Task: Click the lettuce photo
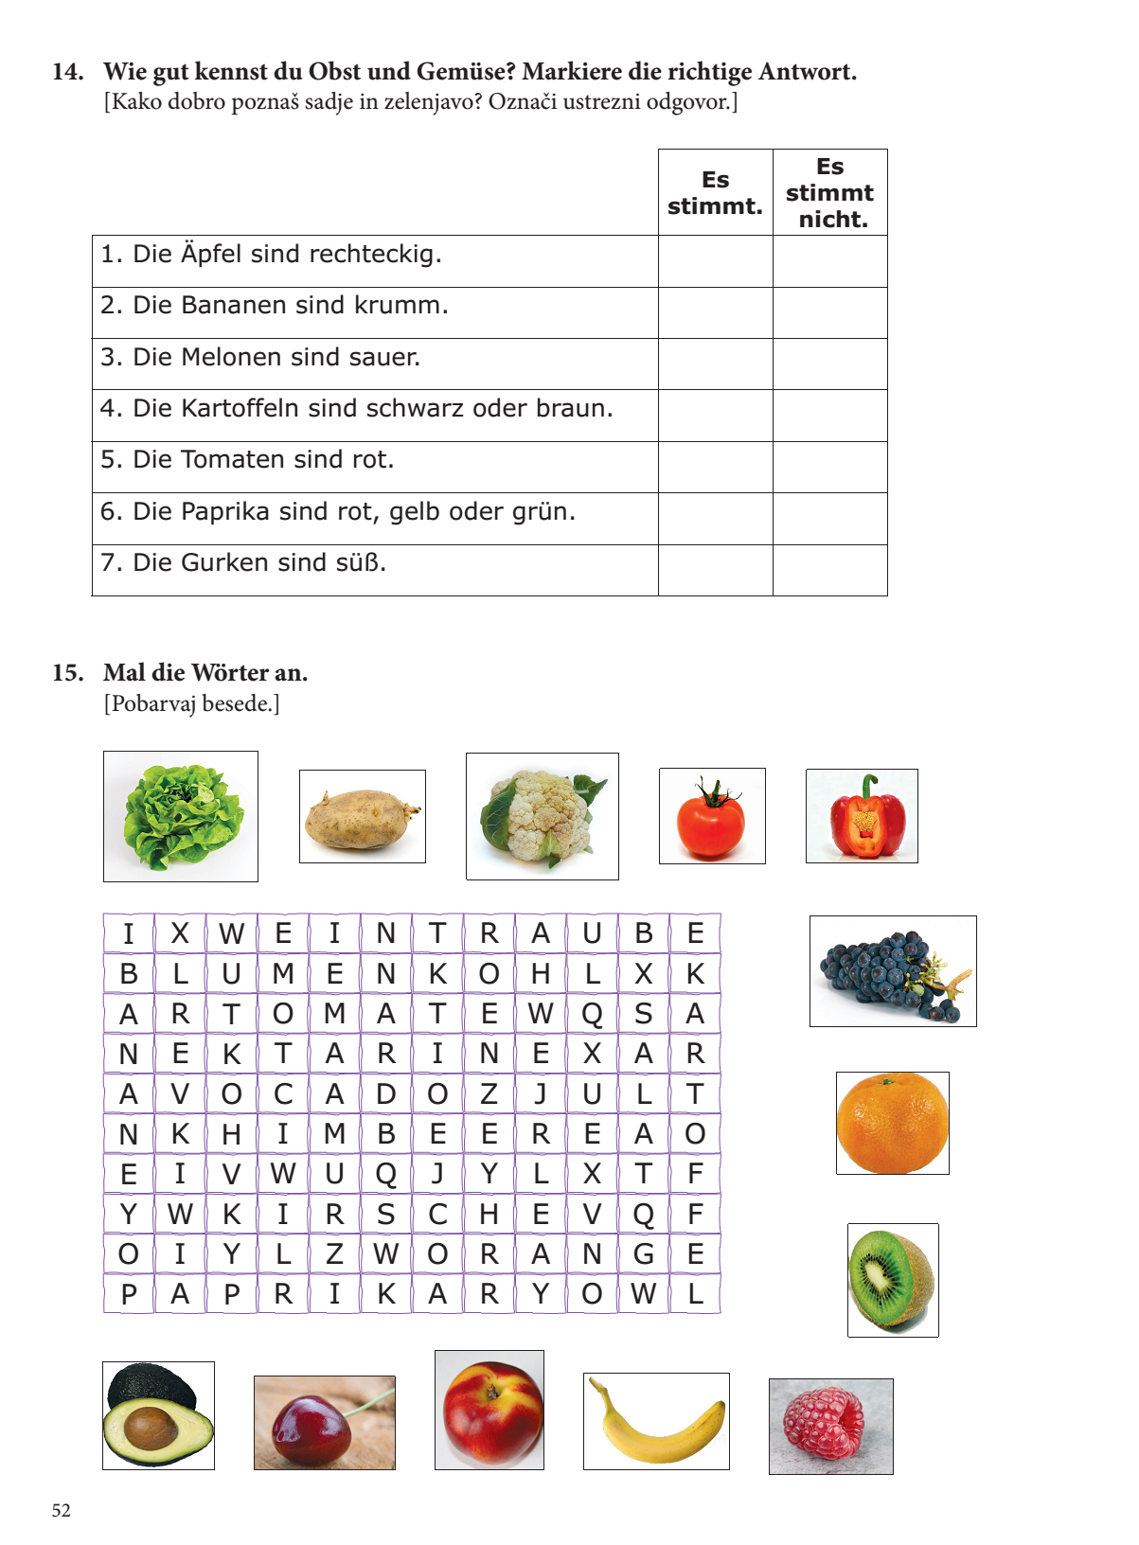point(180,816)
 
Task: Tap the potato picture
point(362,816)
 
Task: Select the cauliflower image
point(542,816)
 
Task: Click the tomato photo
point(712,816)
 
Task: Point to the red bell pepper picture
point(862,816)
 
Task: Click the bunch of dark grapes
point(892,971)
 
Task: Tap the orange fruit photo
point(892,1123)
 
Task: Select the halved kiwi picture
point(892,1280)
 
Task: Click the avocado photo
point(158,1416)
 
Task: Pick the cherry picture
point(324,1423)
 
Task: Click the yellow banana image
point(656,1421)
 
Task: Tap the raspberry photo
point(830,1426)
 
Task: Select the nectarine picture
point(489,1411)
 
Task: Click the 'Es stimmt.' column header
point(715,192)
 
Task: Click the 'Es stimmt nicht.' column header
point(829,192)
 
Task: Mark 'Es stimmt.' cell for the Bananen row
point(715,312)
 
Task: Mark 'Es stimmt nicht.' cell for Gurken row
point(829,570)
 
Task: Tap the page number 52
point(62,1510)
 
